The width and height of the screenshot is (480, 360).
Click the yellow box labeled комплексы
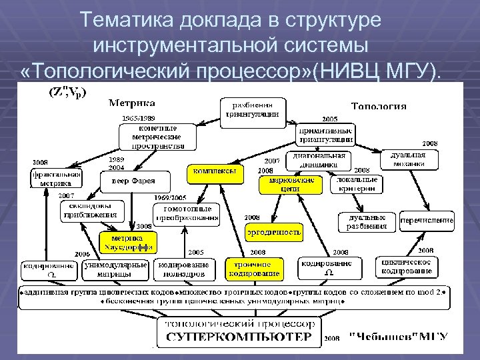click(x=214, y=171)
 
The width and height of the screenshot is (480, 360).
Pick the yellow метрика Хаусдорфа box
click(x=127, y=243)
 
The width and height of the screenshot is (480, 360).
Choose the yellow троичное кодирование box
click(x=253, y=269)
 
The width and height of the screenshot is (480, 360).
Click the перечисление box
click(x=427, y=220)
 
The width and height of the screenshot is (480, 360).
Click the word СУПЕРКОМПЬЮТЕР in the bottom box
click(x=238, y=337)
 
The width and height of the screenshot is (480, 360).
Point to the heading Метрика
click(x=131, y=103)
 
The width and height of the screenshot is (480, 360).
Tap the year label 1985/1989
click(x=137, y=118)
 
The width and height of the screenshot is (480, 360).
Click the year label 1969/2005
click(x=171, y=198)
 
